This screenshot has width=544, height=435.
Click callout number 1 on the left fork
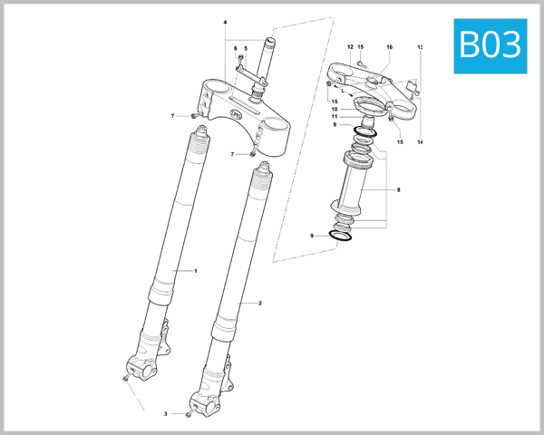point(195,271)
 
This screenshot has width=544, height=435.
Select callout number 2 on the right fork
point(260,303)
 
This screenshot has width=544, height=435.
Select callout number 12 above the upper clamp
point(350,46)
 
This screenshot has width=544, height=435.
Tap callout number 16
point(389,46)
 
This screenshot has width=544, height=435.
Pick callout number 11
point(335,116)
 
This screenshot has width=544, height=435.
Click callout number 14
point(421,142)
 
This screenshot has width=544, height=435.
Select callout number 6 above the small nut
point(235,49)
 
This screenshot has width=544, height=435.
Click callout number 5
point(245,49)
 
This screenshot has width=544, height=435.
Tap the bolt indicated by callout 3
point(187,414)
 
